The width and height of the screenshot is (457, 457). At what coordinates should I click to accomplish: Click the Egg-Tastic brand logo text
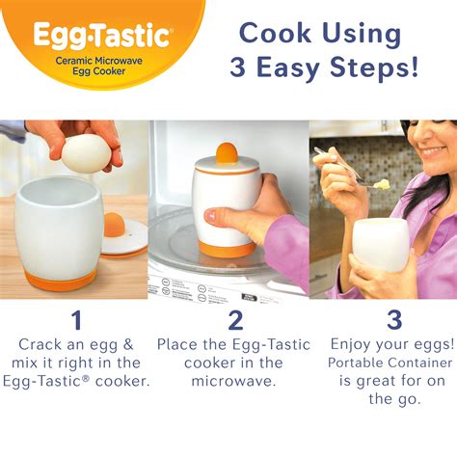[x=101, y=35]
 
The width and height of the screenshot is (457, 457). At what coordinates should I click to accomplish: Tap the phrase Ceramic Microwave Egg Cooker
[x=98, y=66]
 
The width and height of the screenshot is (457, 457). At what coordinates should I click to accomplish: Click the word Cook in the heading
[x=275, y=33]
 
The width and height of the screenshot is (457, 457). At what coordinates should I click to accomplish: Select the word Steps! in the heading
[x=374, y=67]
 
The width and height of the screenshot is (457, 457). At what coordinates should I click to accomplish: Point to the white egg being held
[x=86, y=153]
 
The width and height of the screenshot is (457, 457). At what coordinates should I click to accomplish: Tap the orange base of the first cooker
[x=60, y=280]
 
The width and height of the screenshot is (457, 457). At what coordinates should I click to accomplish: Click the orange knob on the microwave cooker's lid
[x=227, y=153]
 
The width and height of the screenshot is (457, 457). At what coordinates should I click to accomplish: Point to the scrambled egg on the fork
[x=382, y=184]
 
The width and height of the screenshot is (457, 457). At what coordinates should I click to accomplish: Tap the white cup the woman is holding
[x=380, y=244]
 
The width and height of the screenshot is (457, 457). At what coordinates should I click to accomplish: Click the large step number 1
[x=77, y=320]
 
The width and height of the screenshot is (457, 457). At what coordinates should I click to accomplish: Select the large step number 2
[x=236, y=320]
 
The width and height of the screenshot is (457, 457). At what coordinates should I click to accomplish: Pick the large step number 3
[x=394, y=320]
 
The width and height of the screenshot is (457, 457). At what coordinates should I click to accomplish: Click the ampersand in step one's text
[x=128, y=344]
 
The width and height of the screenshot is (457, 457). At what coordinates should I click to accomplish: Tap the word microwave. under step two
[x=233, y=382]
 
